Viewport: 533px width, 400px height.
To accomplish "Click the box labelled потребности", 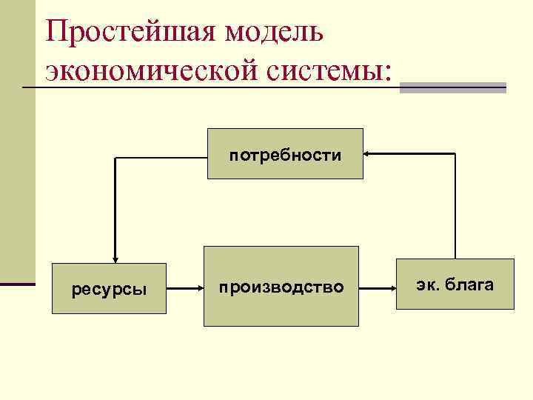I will pos(285,153).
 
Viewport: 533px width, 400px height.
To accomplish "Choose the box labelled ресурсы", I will pos(109,288).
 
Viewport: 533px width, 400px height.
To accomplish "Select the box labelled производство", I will pos(281,286).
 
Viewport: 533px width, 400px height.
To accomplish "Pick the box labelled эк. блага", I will pos(455,284).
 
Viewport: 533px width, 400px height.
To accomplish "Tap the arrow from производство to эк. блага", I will pos(378,285).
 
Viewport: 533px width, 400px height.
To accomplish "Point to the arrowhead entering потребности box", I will pos(369,153).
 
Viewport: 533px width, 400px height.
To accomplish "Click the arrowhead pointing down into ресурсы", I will pos(115,258).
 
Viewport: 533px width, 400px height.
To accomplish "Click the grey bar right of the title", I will pos(452,87).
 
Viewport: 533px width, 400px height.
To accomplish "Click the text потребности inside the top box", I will pos(285,156).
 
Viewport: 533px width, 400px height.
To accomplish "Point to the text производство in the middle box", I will pos(281,287).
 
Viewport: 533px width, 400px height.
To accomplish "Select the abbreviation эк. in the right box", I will pos(426,284).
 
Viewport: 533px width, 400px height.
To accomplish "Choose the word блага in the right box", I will pos(468,284).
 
